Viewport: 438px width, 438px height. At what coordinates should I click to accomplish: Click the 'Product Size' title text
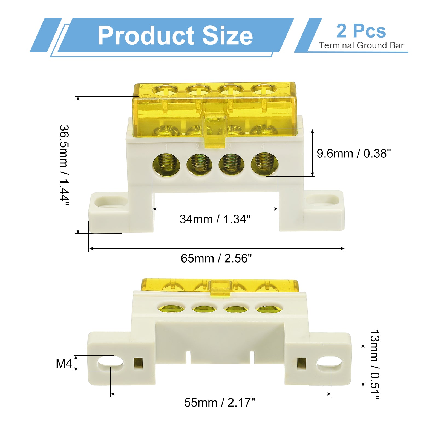pyautogui.click(x=175, y=36)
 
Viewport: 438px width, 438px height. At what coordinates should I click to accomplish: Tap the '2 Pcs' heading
pyautogui.click(x=361, y=31)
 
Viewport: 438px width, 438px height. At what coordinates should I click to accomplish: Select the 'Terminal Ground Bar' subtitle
pyautogui.click(x=361, y=45)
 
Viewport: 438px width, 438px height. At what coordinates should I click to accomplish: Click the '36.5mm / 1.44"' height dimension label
pyautogui.click(x=64, y=165)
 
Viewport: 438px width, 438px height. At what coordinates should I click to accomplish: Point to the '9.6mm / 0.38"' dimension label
pyautogui.click(x=354, y=154)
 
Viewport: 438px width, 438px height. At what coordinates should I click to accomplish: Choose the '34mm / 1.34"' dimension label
pyautogui.click(x=215, y=219)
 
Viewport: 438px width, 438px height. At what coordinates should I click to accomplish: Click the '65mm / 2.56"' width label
pyautogui.click(x=216, y=258)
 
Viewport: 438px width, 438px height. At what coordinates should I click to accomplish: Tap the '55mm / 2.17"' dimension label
pyautogui.click(x=220, y=403)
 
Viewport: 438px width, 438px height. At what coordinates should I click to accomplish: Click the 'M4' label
pyautogui.click(x=64, y=364)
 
